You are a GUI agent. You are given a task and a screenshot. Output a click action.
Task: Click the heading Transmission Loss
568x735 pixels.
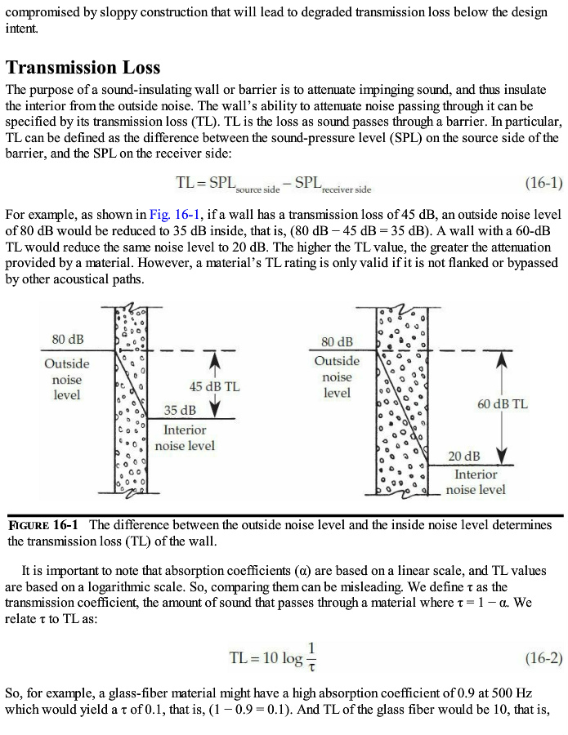(83, 67)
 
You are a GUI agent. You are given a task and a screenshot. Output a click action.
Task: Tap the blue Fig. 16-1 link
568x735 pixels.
(170, 214)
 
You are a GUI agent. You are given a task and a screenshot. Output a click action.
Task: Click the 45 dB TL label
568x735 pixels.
(214, 386)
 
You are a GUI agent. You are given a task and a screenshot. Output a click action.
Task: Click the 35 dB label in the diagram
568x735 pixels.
(180, 409)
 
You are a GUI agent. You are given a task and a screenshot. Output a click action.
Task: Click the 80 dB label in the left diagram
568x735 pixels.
(67, 339)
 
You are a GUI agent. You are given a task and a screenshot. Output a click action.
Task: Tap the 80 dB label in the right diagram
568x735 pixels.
(337, 341)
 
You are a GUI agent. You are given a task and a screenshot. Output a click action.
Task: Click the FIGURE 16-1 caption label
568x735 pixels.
(43, 524)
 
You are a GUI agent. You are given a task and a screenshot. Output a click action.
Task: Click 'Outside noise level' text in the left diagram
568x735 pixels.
(67, 379)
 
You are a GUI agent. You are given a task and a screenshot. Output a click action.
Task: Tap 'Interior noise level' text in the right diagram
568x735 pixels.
(476, 482)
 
